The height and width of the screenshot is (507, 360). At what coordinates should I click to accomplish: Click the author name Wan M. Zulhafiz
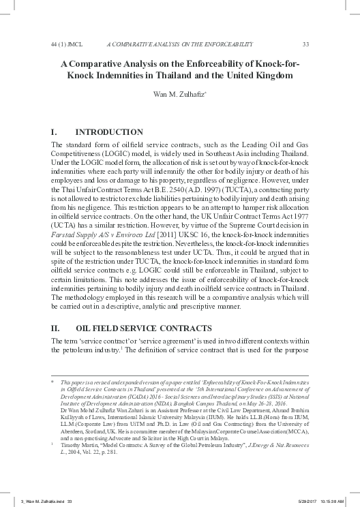click(x=179, y=96)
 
